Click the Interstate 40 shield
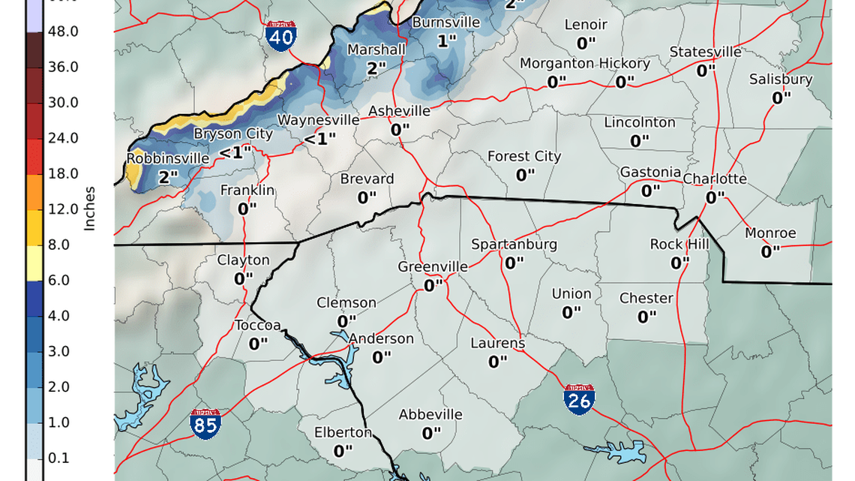click(280, 36)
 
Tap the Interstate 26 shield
click(580, 399)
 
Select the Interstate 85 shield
click(205, 425)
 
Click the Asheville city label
click(399, 111)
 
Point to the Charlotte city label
click(714, 179)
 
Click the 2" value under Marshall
click(376, 68)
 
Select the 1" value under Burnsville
click(446, 41)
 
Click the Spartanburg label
click(514, 245)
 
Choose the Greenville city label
click(432, 267)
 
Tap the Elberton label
click(342, 432)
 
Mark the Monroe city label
click(770, 233)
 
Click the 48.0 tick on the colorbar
click(63, 32)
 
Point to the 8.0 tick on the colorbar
click(63, 245)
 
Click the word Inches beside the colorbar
click(89, 209)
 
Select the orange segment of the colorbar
click(34, 191)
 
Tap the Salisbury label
click(780, 79)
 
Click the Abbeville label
click(430, 415)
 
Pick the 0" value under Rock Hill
click(679, 263)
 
